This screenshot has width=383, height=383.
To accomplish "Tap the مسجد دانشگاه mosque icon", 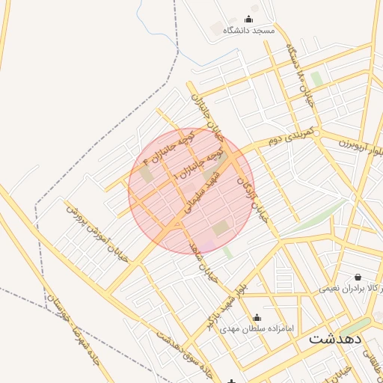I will coord(249,19).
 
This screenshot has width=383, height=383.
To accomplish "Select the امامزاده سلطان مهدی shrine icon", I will coord(257,317).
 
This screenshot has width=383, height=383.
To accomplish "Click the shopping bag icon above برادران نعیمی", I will coord(358,275).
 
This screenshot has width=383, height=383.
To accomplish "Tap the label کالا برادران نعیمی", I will coord(352,287).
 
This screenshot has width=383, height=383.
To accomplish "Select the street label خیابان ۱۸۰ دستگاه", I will coord(301,69).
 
